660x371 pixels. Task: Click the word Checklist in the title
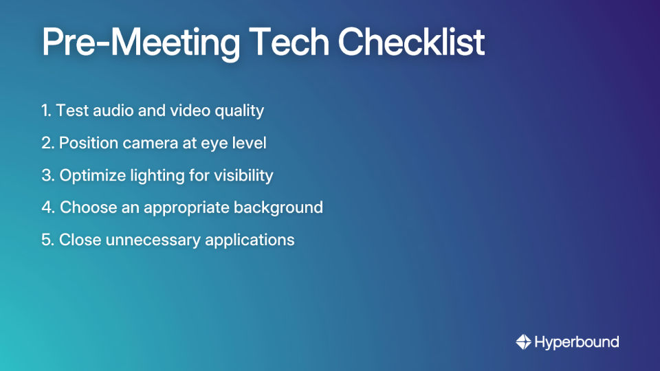(411, 43)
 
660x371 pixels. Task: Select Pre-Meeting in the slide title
(141, 43)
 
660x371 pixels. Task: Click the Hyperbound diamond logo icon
(523, 342)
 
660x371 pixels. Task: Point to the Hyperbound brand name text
(577, 342)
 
